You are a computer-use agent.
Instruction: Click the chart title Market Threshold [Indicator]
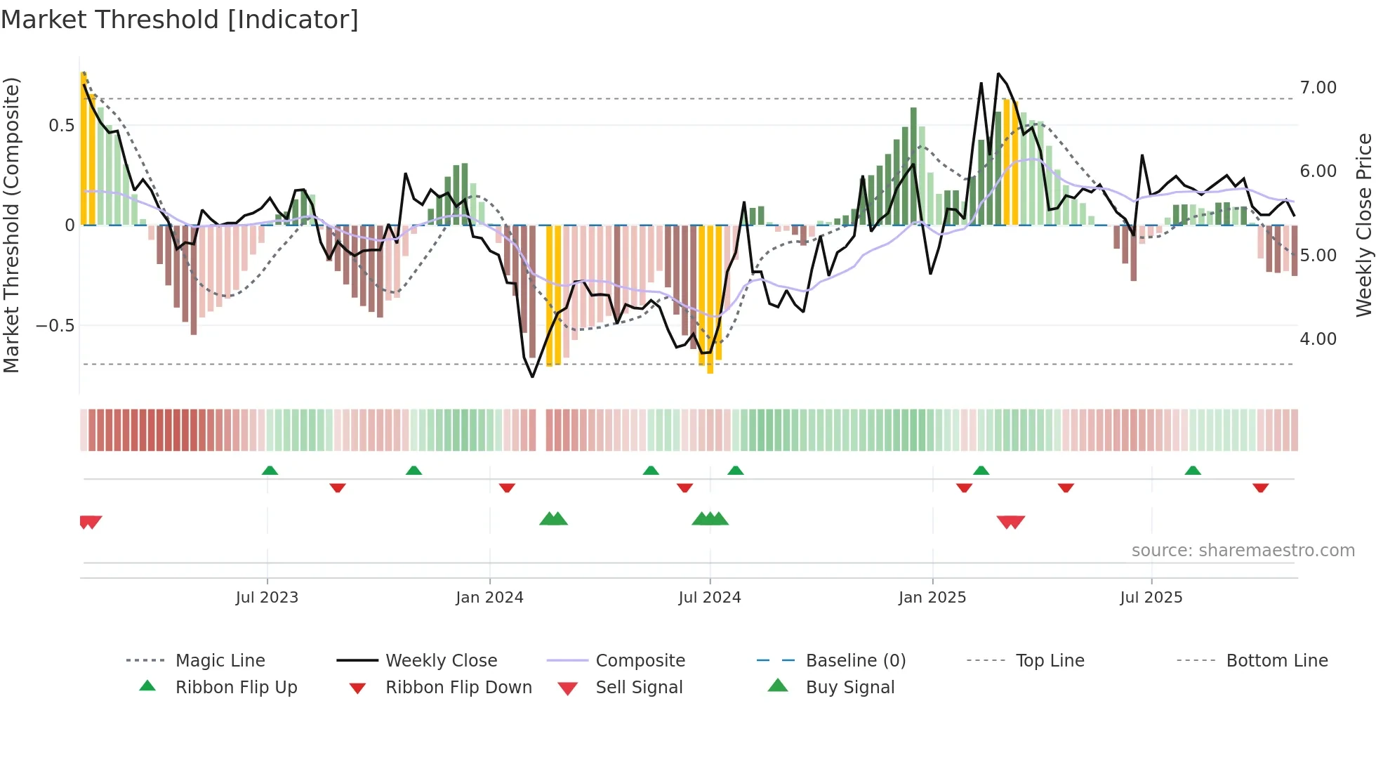[180, 20]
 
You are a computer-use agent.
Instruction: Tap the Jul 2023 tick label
[267, 598]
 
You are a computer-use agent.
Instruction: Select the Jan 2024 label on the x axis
[489, 598]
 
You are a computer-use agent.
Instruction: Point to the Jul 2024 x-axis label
[709, 598]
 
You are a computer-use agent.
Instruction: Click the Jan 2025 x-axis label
[932, 598]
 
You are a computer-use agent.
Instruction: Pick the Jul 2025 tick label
[1151, 598]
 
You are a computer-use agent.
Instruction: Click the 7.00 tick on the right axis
[1318, 88]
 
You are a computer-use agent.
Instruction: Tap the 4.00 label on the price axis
[1318, 339]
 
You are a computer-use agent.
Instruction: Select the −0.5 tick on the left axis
[55, 326]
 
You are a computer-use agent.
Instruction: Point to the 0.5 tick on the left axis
[61, 126]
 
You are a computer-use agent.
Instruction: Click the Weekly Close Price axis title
[1363, 225]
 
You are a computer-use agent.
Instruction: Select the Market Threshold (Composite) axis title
[11, 225]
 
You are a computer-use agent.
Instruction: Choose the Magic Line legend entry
[220, 661]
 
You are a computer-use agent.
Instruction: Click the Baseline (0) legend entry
[855, 661]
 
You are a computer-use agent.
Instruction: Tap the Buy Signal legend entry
[849, 688]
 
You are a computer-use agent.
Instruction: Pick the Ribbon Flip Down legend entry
[458, 688]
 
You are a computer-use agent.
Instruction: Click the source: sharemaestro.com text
[1243, 551]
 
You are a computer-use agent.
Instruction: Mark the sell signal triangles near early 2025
[1011, 522]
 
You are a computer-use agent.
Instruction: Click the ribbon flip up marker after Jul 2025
[1193, 471]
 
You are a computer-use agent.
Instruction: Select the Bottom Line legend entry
[1276, 661]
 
